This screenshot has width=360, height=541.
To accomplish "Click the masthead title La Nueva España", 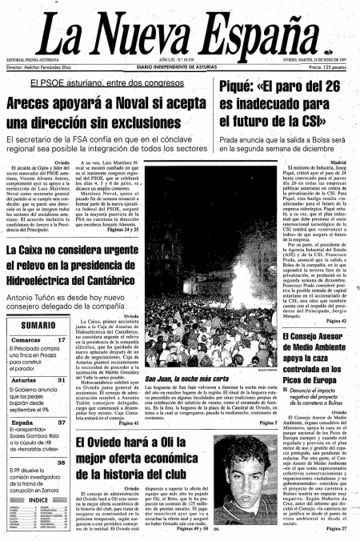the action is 180,31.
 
